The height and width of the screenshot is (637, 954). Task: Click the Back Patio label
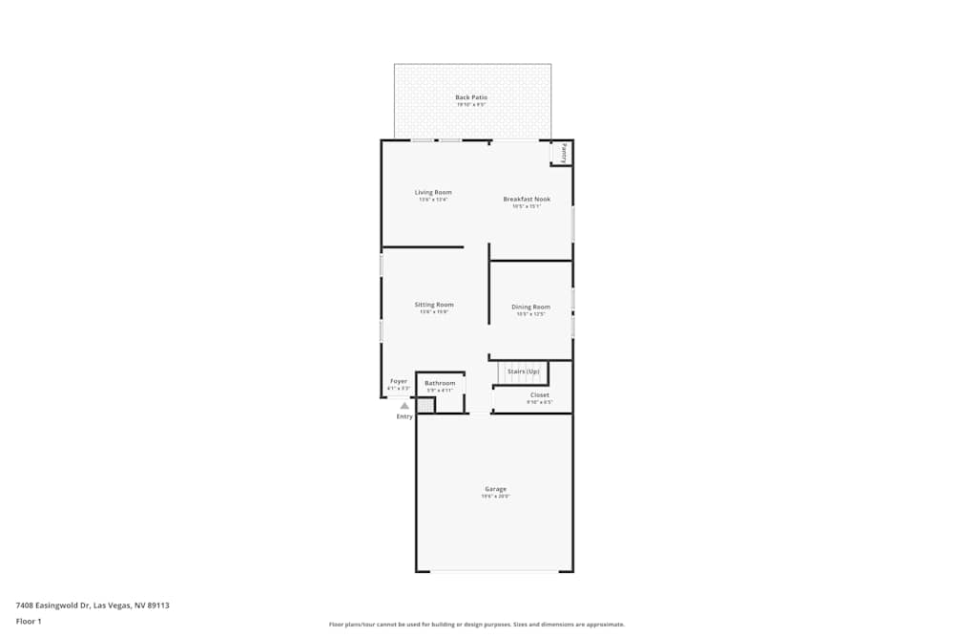471,97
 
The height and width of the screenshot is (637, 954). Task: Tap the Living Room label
432,193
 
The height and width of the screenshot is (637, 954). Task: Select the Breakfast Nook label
527,200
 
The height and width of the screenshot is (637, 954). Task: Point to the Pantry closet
562,153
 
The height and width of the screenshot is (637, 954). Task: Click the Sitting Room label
433,305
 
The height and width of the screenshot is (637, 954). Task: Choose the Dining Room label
530,307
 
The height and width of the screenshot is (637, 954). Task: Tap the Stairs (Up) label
524,371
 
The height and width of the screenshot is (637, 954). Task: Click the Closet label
539,394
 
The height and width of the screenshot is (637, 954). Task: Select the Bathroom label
440,383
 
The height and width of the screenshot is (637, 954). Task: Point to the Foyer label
399,381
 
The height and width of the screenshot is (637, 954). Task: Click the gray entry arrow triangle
404,406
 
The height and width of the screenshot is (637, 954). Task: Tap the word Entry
404,416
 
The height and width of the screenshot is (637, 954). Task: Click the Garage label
495,489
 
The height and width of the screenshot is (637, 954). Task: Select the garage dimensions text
495,497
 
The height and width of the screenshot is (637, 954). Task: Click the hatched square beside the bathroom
425,406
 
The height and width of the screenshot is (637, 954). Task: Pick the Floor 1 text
29,621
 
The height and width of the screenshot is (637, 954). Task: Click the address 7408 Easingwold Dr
93,605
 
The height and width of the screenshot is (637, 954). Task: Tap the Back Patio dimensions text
471,105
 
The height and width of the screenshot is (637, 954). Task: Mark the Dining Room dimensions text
530,314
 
